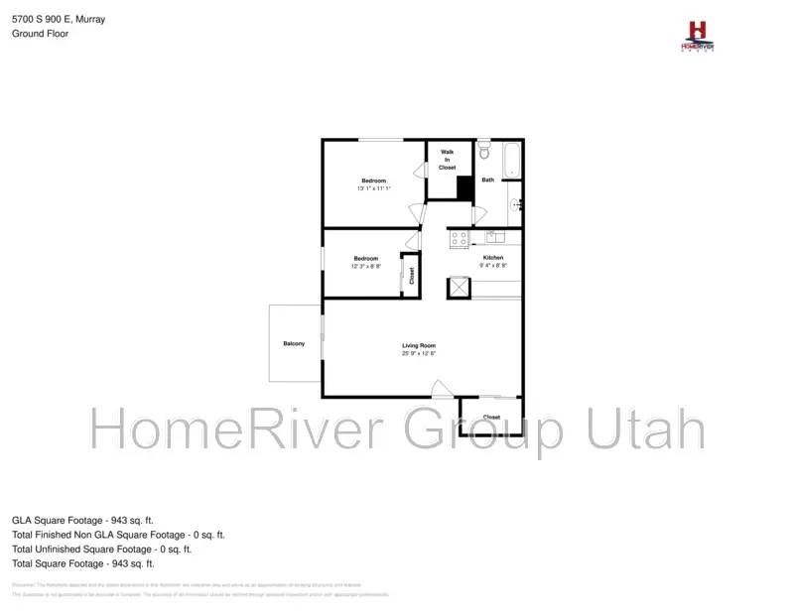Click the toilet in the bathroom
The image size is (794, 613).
point(483,152)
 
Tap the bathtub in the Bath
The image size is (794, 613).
point(511,162)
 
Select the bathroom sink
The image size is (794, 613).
point(516,205)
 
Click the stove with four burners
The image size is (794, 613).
point(459,238)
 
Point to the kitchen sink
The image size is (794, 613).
point(493,237)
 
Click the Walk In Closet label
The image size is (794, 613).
point(448,160)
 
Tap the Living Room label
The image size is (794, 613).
point(419,345)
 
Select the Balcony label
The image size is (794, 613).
point(294,343)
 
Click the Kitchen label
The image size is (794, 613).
point(493,258)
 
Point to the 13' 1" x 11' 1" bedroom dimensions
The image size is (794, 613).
point(373,188)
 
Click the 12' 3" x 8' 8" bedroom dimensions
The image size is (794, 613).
point(366,266)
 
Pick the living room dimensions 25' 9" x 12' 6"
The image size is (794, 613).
point(419,353)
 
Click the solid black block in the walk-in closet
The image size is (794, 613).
point(463,187)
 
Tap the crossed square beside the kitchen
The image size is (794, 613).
point(459,287)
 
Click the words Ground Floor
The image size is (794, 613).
point(40,33)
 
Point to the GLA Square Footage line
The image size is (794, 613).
point(82,520)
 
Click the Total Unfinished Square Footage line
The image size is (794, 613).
point(101,549)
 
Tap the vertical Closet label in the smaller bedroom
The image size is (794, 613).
point(411,276)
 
